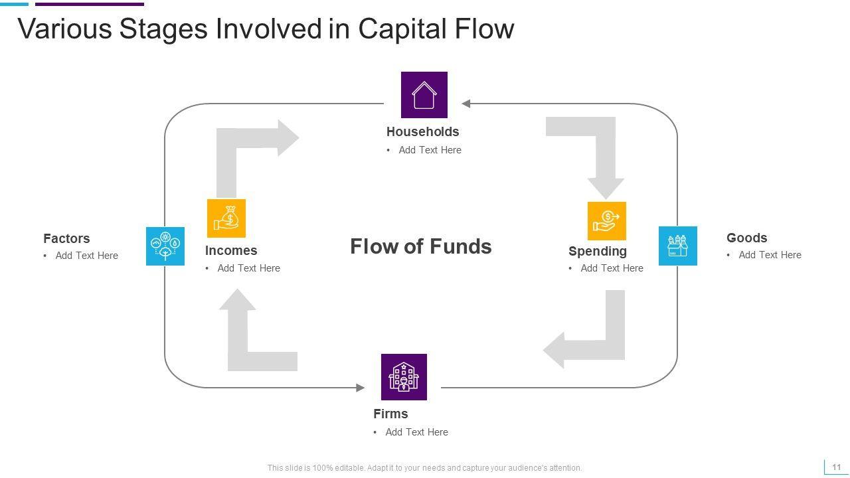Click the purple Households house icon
click(x=424, y=95)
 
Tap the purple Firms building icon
click(x=404, y=377)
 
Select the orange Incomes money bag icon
click(x=226, y=218)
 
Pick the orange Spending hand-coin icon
click(x=606, y=220)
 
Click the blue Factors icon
click(x=165, y=246)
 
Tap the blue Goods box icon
click(x=677, y=246)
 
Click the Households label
click(x=422, y=131)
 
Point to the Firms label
click(x=390, y=414)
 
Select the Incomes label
click(x=231, y=250)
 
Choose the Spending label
click(x=597, y=251)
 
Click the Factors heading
click(x=66, y=238)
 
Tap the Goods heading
click(x=746, y=238)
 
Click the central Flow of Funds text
click(x=420, y=246)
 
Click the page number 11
click(x=836, y=467)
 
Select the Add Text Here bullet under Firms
click(x=416, y=432)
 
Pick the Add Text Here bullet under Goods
click(x=770, y=255)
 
